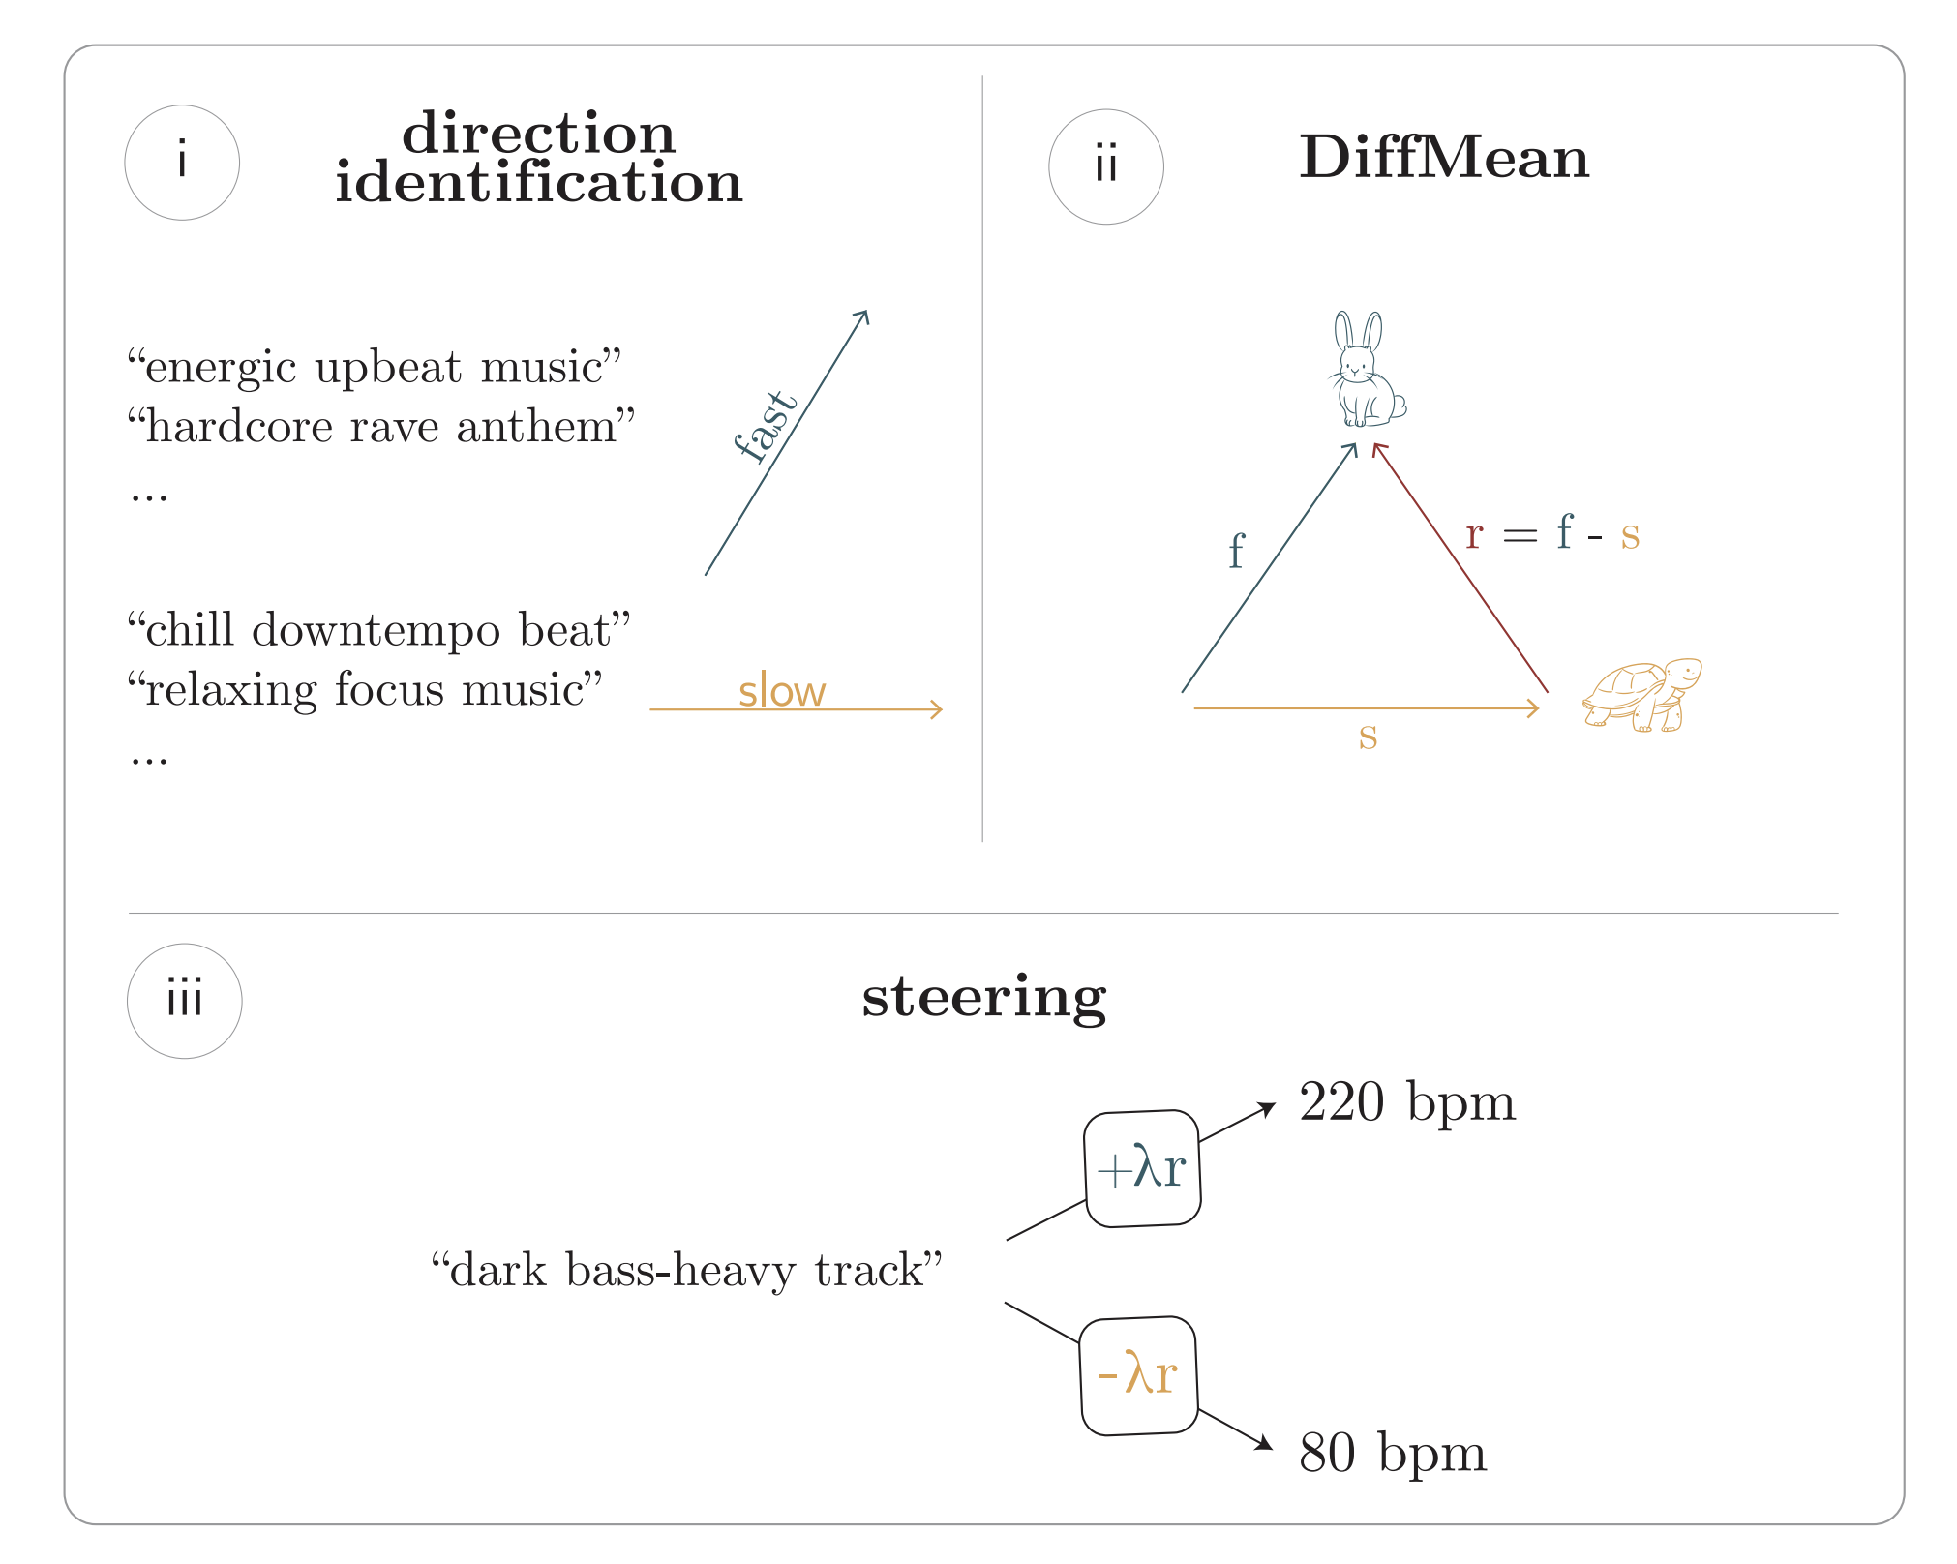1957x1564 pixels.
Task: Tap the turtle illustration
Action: click(1642, 694)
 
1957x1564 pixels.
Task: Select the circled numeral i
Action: click(182, 163)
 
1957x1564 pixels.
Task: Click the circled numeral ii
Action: click(1106, 166)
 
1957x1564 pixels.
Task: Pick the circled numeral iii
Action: click(185, 1001)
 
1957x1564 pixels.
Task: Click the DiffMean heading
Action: click(1444, 157)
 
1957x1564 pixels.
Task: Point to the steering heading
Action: click(983, 997)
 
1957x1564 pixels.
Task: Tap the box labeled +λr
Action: click(1142, 1168)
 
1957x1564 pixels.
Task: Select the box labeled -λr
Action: click(1138, 1375)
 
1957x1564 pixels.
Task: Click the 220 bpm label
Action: click(1406, 1102)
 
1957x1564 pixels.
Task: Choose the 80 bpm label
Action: click(1392, 1453)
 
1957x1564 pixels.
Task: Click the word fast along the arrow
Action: click(765, 427)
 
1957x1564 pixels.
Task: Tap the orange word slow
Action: click(782, 691)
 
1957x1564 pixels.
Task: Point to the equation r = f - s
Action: click(1551, 533)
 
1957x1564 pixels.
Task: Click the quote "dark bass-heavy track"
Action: click(686, 1270)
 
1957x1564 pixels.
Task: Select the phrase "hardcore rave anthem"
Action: click(381, 427)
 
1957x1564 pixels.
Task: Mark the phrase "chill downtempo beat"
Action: click(378, 630)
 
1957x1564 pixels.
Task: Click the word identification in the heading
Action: click(538, 183)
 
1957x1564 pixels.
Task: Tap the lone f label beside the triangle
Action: click(1236, 551)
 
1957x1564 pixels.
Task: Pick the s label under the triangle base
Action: click(1368, 737)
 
